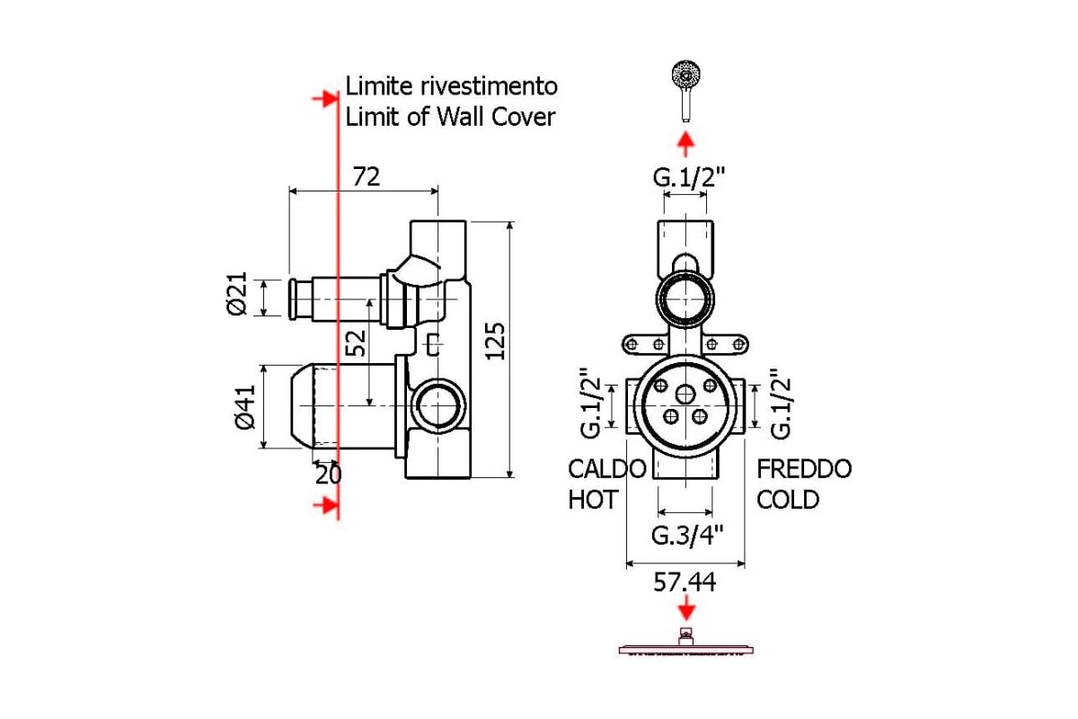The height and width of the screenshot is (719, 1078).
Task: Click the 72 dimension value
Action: click(x=367, y=177)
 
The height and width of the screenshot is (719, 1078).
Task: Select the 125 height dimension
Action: click(x=495, y=341)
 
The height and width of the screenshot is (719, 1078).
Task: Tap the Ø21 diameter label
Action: click(x=237, y=293)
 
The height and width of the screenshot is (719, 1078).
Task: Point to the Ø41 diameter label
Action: click(x=245, y=407)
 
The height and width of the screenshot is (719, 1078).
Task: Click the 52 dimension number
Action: click(x=356, y=343)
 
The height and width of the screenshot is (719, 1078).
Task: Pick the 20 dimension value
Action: click(x=328, y=475)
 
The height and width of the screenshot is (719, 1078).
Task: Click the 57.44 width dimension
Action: click(x=685, y=582)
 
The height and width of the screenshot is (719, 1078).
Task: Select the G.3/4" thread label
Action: click(x=687, y=535)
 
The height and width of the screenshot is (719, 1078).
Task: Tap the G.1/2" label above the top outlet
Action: click(x=689, y=177)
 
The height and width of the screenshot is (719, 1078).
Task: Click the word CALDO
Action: click(x=607, y=468)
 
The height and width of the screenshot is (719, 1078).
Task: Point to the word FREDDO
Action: click(x=804, y=468)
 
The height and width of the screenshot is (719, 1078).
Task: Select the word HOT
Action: click(x=593, y=500)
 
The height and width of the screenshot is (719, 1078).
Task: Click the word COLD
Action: click(x=788, y=500)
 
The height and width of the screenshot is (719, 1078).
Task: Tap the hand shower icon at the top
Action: click(x=685, y=91)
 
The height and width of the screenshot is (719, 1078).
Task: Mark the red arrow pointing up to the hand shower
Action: click(x=685, y=144)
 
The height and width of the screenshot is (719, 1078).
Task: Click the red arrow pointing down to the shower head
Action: click(x=686, y=607)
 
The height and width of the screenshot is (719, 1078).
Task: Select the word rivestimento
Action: click(x=489, y=86)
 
